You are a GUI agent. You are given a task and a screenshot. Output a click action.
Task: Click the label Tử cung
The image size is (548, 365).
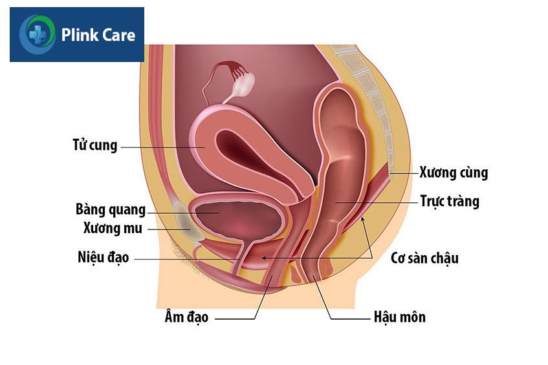[x=95, y=145]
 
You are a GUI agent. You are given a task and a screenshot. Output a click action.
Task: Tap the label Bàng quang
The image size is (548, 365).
[x=111, y=210]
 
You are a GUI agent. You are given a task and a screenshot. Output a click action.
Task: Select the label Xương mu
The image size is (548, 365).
[x=113, y=228]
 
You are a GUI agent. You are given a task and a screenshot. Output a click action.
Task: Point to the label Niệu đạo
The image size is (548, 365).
[x=104, y=258]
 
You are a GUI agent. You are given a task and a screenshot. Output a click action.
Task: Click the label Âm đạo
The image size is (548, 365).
[x=186, y=317]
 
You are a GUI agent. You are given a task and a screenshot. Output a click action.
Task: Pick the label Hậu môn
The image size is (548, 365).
[x=400, y=317]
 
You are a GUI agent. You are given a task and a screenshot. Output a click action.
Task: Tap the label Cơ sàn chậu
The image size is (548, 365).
[x=424, y=258]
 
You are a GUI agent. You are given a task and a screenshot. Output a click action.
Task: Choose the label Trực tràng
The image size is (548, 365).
[x=450, y=202]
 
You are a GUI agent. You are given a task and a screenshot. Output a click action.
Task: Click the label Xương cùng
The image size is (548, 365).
[x=454, y=172]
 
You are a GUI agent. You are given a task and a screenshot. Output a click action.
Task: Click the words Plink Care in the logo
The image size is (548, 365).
[x=98, y=36]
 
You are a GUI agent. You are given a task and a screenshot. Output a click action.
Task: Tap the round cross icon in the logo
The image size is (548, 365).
[x=38, y=34]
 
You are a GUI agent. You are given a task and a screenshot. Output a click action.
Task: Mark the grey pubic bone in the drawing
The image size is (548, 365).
[x=186, y=223]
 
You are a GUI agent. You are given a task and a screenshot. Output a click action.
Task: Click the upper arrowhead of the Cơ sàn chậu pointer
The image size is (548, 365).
[x=362, y=220]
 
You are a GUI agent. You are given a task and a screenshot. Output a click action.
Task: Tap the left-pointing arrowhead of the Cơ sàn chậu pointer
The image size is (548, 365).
[x=264, y=258]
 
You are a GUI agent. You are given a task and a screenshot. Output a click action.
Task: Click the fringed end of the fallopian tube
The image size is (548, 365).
[x=232, y=67]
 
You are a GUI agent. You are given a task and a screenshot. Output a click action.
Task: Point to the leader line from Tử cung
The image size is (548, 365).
[x=163, y=147]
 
